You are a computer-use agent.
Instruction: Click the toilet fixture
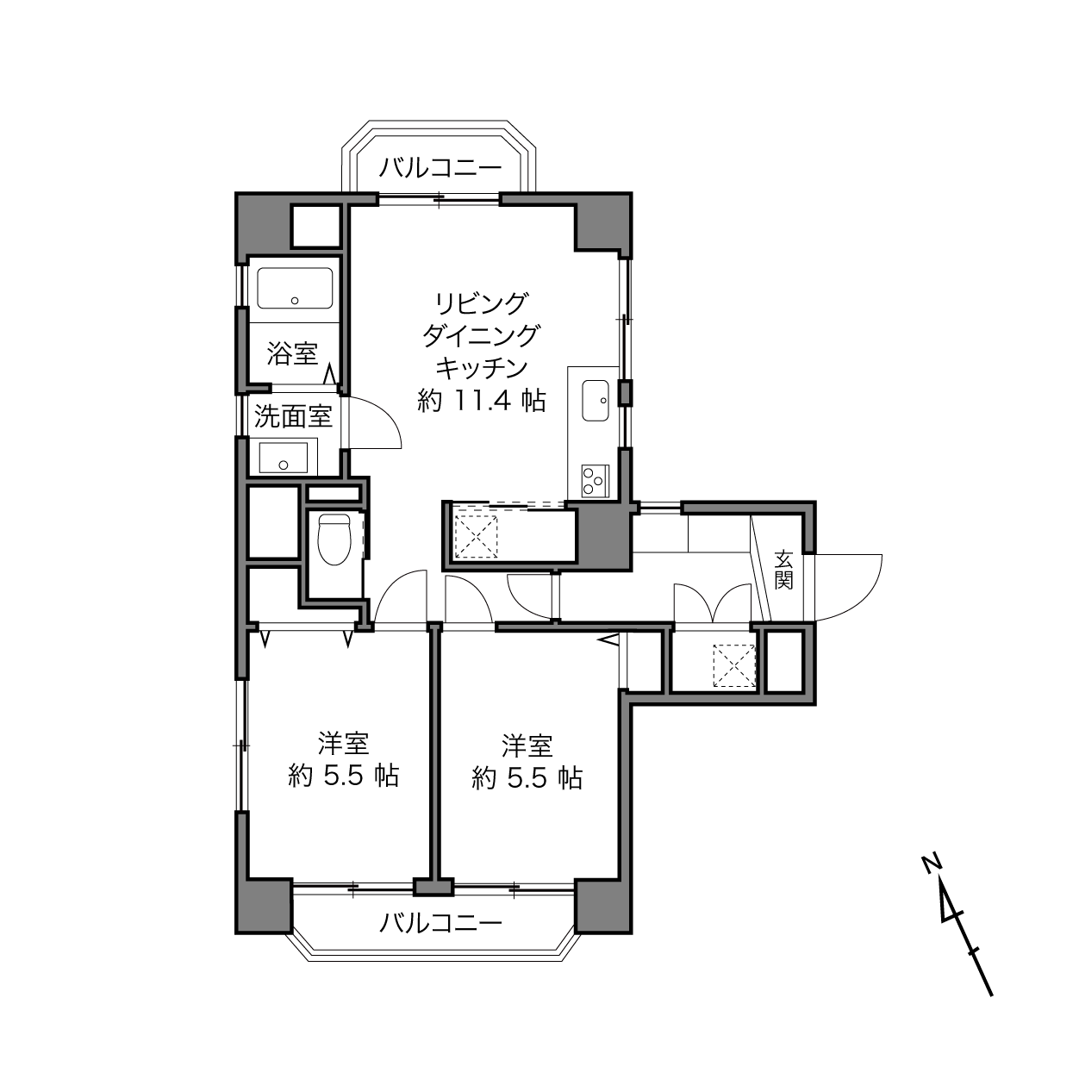(x=334, y=540)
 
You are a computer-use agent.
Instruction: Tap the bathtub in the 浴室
(x=295, y=288)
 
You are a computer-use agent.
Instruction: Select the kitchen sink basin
(x=596, y=401)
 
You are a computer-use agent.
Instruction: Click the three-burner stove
(x=596, y=480)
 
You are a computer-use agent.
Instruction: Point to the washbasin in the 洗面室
(x=283, y=458)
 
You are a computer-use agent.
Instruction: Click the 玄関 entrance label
(x=784, y=571)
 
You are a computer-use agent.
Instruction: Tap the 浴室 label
(x=292, y=353)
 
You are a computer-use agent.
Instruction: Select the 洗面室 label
(x=293, y=416)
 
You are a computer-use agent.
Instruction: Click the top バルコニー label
(x=440, y=167)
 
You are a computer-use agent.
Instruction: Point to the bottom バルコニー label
(x=440, y=923)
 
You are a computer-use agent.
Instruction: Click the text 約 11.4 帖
(x=482, y=401)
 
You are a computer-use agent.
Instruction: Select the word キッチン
(x=482, y=369)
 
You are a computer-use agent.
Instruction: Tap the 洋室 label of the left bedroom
(x=343, y=745)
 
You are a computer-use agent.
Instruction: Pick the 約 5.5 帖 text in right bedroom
(x=527, y=777)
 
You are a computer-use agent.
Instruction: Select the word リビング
(x=482, y=304)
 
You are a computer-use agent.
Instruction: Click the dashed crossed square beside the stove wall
(x=476, y=537)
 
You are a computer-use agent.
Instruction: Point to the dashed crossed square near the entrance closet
(x=734, y=666)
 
